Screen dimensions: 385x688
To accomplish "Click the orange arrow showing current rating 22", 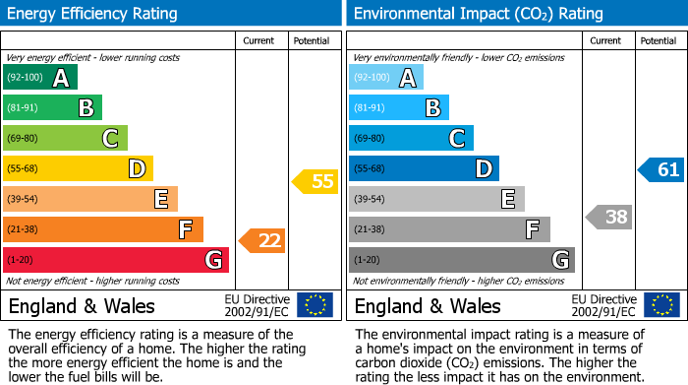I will click(x=261, y=240).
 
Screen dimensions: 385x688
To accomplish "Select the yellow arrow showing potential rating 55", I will click(x=315, y=181).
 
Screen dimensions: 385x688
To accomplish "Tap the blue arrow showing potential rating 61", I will click(x=660, y=169).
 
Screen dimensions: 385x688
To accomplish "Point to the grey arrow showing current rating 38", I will click(x=608, y=217).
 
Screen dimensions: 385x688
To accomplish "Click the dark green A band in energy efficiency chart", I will click(x=39, y=77).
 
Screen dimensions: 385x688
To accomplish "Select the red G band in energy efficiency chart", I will click(x=115, y=260).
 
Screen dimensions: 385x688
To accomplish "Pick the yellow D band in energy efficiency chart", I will click(x=78, y=168).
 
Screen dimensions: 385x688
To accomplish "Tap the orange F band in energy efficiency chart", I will click(x=102, y=229).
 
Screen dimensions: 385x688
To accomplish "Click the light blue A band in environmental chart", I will click(x=386, y=77).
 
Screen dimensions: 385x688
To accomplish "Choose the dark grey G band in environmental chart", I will click(x=461, y=260).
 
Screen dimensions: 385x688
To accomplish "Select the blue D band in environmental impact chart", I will click(x=424, y=168).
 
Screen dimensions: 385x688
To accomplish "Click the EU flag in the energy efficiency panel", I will click(x=315, y=305).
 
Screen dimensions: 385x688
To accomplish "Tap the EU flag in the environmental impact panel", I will click(x=661, y=305).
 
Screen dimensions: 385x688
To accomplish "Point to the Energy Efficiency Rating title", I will click(x=93, y=14).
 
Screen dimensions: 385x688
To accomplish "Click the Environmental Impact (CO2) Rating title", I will click(x=478, y=14).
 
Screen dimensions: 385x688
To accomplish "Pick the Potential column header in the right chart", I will click(x=659, y=40).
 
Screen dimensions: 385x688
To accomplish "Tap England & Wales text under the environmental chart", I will click(x=428, y=305).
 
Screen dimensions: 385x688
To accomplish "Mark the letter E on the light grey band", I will click(x=507, y=199).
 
